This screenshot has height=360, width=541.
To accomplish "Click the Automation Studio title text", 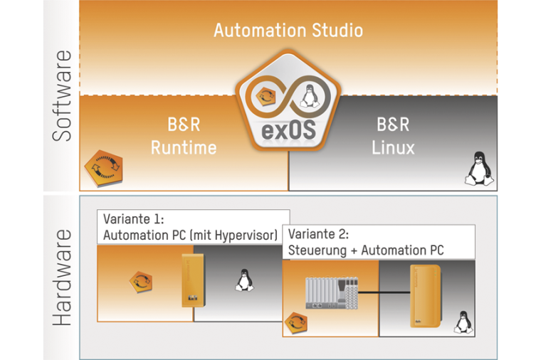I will [x=288, y=31].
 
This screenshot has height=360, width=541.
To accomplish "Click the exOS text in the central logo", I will [x=288, y=130].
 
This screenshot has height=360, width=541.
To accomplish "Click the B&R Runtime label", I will [x=183, y=137].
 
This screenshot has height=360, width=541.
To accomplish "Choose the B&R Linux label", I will [x=393, y=137].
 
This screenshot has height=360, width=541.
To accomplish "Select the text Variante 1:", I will [x=134, y=218].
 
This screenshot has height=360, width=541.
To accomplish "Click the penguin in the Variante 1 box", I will [x=242, y=280].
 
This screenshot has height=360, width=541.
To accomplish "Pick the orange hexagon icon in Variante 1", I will [x=140, y=281].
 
